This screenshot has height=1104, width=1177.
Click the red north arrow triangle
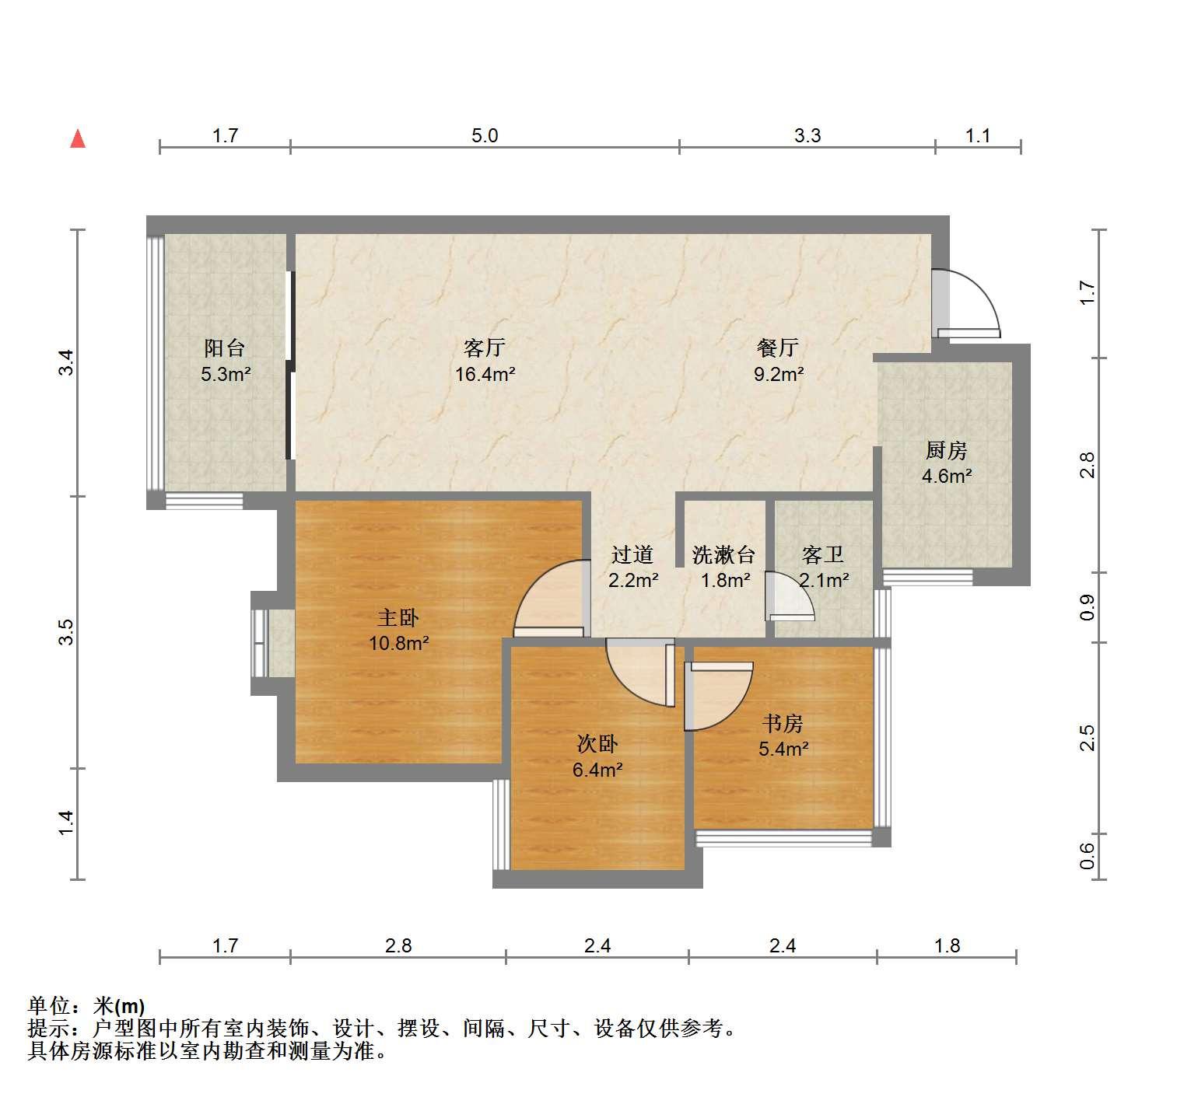pyautogui.click(x=78, y=138)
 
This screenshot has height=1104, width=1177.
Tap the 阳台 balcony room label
pyautogui.click(x=225, y=348)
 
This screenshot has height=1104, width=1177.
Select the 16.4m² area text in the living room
pyautogui.click(x=485, y=374)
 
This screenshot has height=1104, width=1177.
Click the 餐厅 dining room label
pyautogui.click(x=778, y=348)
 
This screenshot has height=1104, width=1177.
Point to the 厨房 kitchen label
pyautogui.click(x=947, y=451)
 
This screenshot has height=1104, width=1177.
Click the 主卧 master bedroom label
pyautogui.click(x=398, y=618)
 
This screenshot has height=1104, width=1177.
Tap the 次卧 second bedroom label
pyautogui.click(x=597, y=744)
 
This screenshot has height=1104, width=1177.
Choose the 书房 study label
pyautogui.click(x=783, y=724)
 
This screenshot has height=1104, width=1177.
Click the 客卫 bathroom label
pyautogui.click(x=822, y=554)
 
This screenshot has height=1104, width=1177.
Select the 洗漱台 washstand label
pyautogui.click(x=723, y=554)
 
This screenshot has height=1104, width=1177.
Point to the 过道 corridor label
pyautogui.click(x=632, y=554)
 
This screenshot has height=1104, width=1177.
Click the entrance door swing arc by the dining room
pyautogui.click(x=981, y=288)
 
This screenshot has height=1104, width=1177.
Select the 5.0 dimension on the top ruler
pyautogui.click(x=485, y=136)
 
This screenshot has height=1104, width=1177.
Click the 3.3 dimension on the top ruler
pyautogui.click(x=807, y=136)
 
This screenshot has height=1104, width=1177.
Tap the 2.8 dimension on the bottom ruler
pyautogui.click(x=398, y=945)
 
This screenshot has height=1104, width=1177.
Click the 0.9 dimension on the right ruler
pyautogui.click(x=1087, y=607)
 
